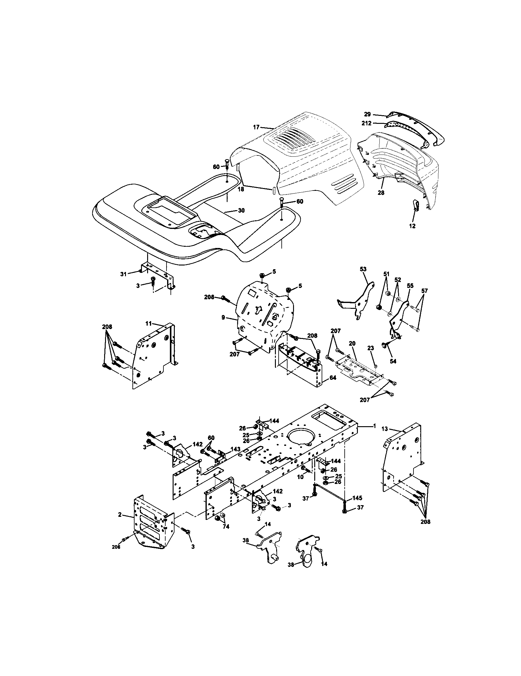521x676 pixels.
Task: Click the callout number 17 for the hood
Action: click(256, 127)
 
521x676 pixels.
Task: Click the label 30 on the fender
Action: click(241, 210)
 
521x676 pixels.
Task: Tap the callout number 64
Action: click(333, 378)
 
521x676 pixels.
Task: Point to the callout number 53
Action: click(363, 269)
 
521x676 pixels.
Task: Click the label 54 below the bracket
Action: click(393, 361)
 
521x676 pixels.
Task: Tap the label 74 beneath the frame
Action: click(226, 526)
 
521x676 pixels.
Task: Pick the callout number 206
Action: click(116, 547)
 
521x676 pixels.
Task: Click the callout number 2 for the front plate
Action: click(119, 515)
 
